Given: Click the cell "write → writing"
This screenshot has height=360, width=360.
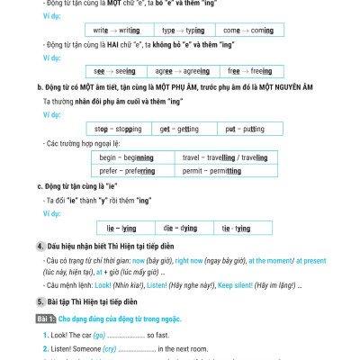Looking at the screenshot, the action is click(x=118, y=30).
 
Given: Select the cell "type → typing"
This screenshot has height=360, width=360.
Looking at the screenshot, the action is click(x=182, y=30).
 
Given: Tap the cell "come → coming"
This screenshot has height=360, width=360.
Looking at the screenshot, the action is click(x=243, y=30).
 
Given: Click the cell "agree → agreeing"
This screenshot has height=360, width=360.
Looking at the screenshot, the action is click(x=181, y=70).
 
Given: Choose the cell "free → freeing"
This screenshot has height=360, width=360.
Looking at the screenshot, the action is click(x=242, y=70).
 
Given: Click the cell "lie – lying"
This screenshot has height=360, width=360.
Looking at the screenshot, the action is click(x=121, y=229).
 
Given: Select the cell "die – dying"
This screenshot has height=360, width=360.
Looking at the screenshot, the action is click(x=181, y=229).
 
